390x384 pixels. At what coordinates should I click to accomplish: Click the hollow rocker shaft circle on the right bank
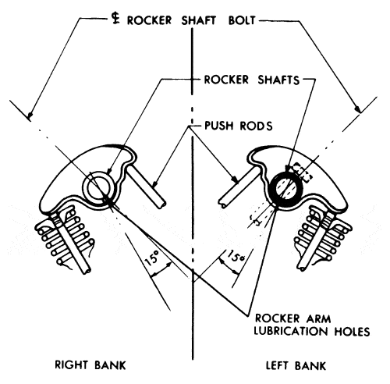click(98, 187)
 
